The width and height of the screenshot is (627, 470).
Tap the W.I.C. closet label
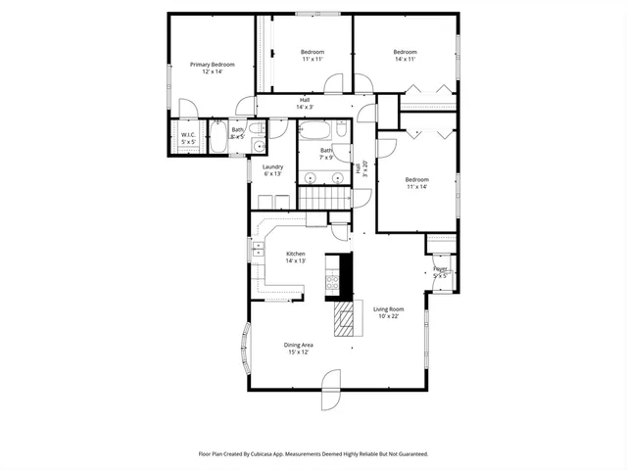[x=188, y=136]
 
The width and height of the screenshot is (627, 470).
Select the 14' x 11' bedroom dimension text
[x=406, y=60]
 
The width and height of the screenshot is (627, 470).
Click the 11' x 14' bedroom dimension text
[x=417, y=187]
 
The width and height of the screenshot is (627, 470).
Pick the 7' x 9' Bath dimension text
[x=326, y=158]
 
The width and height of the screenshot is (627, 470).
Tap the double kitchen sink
[x=259, y=252]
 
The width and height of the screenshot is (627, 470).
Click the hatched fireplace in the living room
[x=343, y=319]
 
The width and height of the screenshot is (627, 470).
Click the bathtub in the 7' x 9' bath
[x=317, y=129]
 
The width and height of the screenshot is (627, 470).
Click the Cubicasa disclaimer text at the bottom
[x=313, y=454]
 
